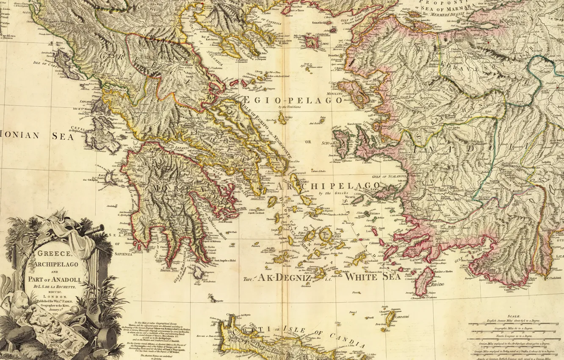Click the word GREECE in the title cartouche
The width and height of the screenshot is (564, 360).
(54, 254)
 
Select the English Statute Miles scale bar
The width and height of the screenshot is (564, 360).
(514, 324)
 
